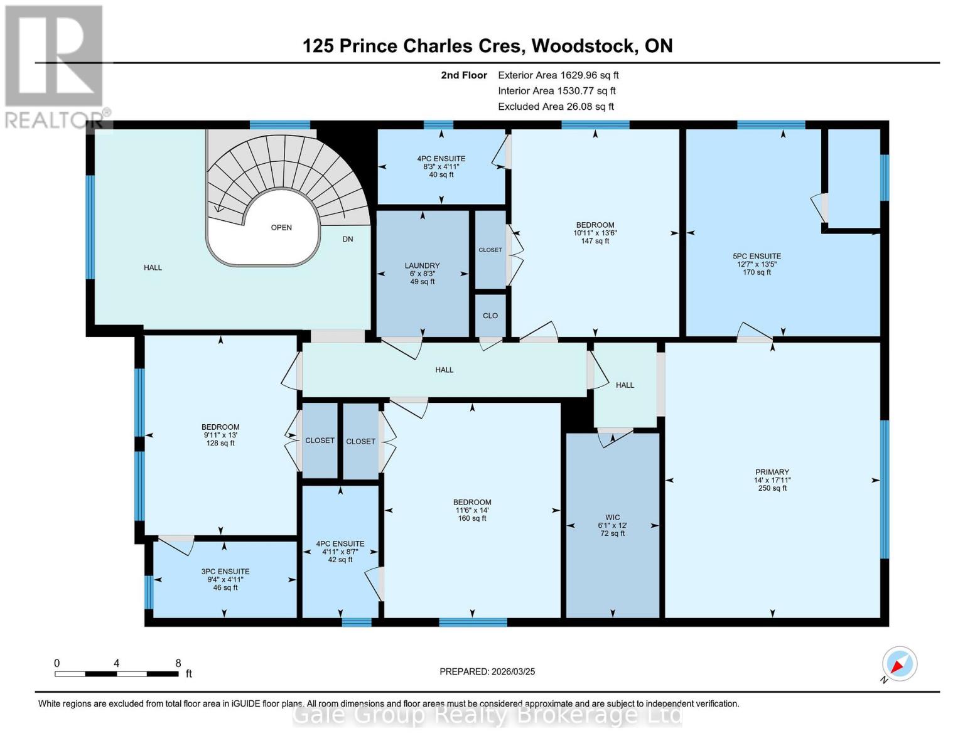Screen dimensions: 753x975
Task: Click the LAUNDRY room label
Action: coord(422,266)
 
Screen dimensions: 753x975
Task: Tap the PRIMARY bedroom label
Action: coord(772,472)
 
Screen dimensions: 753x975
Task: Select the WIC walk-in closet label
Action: coord(612,518)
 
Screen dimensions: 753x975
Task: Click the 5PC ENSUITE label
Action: coord(757,256)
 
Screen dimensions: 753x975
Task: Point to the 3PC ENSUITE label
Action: coord(225,572)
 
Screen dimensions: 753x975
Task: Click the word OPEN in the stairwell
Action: coord(281,228)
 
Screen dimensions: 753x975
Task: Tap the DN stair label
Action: coord(347,239)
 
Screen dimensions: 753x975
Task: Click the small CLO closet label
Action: coord(490,316)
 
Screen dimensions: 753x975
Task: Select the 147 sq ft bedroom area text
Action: coord(595,241)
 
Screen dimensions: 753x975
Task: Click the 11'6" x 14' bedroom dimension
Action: coord(472,510)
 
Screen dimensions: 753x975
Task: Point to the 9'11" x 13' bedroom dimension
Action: coord(220,435)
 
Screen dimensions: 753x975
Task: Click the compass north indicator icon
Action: coord(899,664)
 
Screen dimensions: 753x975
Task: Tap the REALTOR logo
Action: coord(55,66)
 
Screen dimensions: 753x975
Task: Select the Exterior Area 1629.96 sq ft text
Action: coord(558,75)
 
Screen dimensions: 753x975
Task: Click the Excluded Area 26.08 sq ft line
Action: coord(556,107)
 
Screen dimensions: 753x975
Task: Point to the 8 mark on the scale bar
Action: coord(178,663)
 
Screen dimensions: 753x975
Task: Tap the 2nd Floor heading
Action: coord(463,75)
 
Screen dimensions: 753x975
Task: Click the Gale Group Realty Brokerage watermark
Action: coord(487,715)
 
